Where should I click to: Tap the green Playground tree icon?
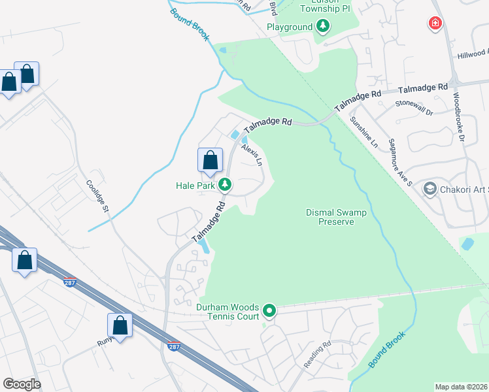pos(322,27)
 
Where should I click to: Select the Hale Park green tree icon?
pos(224,185)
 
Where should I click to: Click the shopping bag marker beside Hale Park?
pos(210,161)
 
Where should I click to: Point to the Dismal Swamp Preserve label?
pos(335,217)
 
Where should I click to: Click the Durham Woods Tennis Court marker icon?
pos(269,310)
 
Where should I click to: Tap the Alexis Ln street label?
pos(251,155)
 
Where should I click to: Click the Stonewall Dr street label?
pos(414,108)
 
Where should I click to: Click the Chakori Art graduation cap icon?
pos(430,189)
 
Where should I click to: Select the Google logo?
pos(22,384)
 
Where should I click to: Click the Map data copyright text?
pos(460,387)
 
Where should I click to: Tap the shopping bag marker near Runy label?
pos(120,325)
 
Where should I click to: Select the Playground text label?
pos(289,27)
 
